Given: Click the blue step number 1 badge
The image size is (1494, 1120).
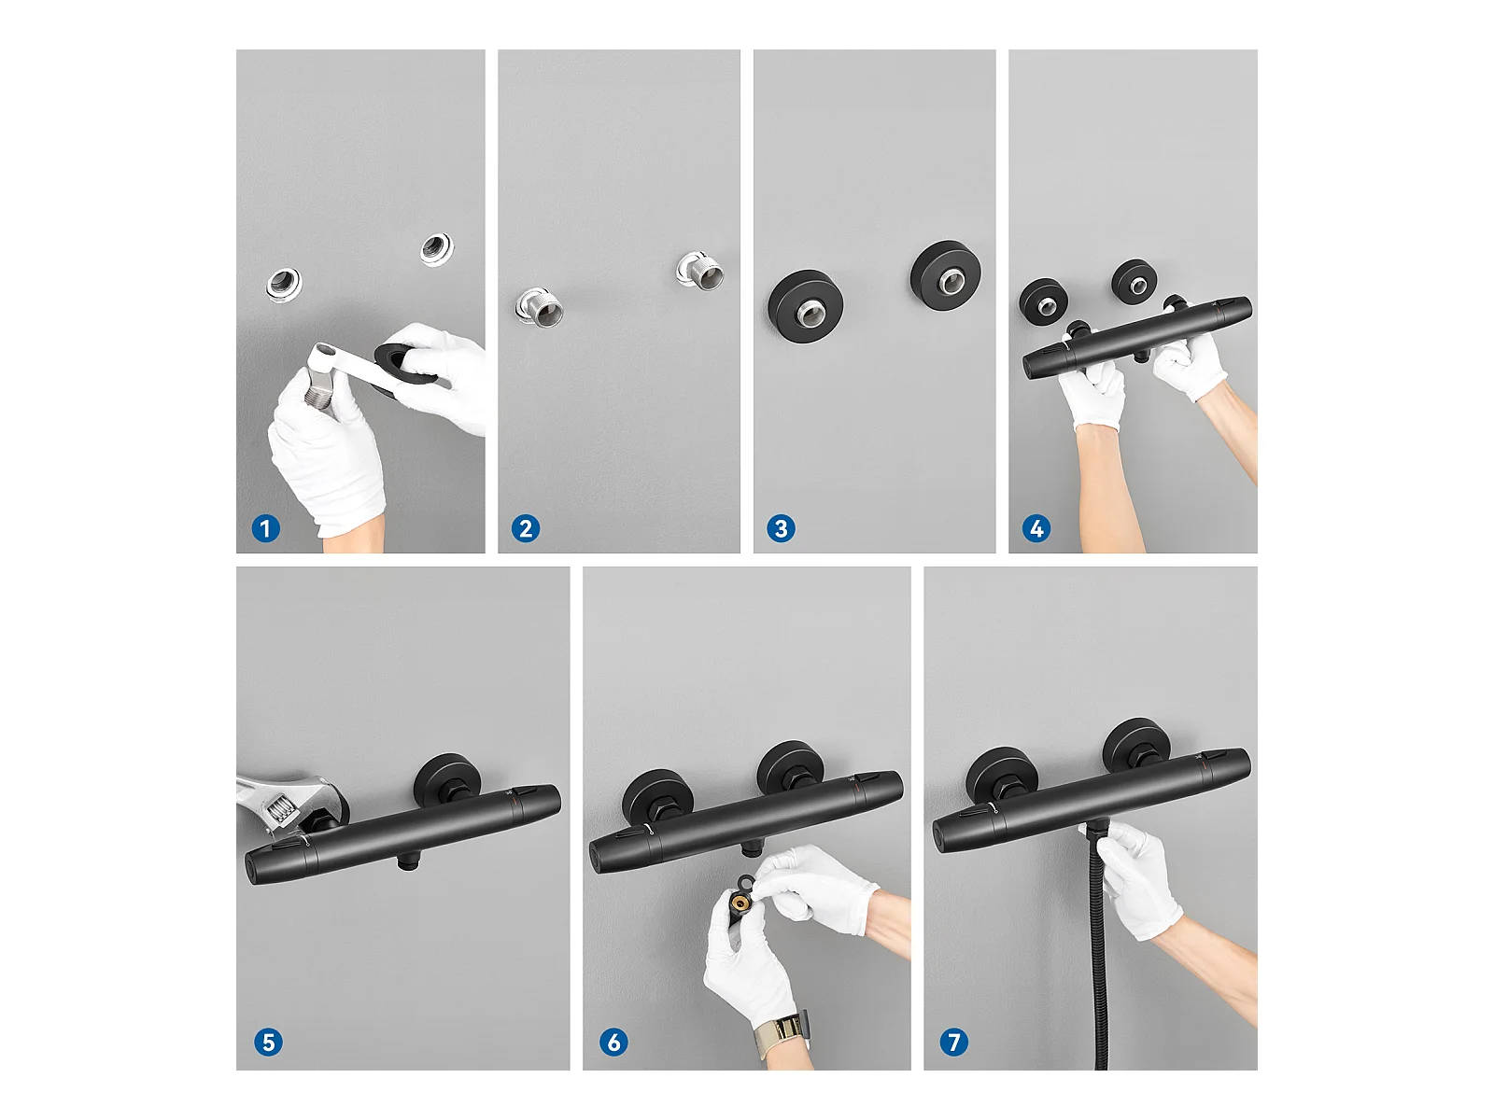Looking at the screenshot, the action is (x=265, y=528).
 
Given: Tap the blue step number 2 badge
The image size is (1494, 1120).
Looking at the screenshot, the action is (x=526, y=528).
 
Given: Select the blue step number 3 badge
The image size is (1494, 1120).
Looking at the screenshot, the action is (x=781, y=528).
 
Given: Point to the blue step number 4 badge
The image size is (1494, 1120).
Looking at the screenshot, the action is (x=1036, y=528).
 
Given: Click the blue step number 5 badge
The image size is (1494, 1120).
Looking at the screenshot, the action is (x=268, y=1043).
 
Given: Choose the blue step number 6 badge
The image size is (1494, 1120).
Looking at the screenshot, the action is (x=613, y=1043).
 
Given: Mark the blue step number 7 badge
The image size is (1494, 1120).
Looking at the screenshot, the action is (x=953, y=1043).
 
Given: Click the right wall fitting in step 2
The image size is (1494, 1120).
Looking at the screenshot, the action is (x=699, y=271).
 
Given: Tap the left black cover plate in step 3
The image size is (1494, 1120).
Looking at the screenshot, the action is (x=805, y=306).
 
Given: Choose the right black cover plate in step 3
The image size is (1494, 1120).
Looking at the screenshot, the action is (x=946, y=274).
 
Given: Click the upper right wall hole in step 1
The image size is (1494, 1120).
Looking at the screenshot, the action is (x=436, y=249).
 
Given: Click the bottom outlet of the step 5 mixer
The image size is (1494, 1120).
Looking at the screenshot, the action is (x=408, y=862).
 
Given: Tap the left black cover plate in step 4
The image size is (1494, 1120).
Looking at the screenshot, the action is (x=1043, y=300).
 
